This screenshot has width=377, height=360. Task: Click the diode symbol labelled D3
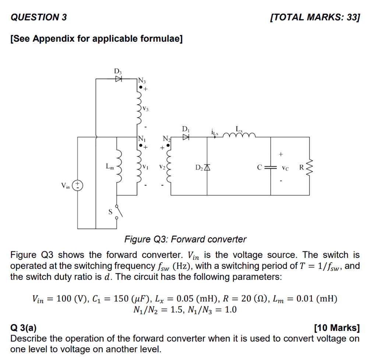(x=119, y=78)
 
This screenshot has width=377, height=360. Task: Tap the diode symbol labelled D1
(x=186, y=137)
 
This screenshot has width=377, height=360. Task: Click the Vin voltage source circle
(x=78, y=185)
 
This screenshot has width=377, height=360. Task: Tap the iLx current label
(x=215, y=132)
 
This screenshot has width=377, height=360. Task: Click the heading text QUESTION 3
(x=39, y=17)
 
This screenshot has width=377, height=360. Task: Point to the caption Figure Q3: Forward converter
(x=185, y=240)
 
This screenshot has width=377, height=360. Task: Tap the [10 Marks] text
(x=337, y=328)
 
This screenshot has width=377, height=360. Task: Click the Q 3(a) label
(x=24, y=328)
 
